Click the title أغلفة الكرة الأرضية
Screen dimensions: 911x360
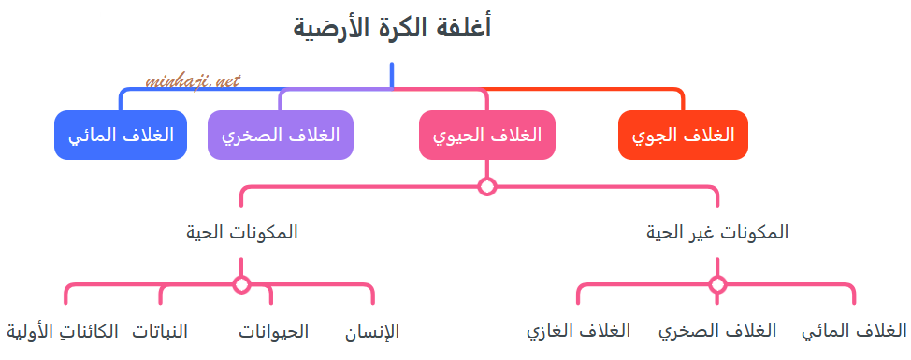tap(392, 27)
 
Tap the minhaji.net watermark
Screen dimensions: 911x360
tap(194, 81)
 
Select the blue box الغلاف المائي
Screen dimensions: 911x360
tap(121, 135)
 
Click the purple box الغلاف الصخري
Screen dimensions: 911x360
tap(281, 135)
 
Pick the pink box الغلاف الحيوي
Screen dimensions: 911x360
tap(486, 135)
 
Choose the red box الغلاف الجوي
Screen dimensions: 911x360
tap(684, 135)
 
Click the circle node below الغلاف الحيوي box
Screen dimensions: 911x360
tap(486, 186)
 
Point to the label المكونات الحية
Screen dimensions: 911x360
tap(242, 232)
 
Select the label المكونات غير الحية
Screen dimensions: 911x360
tap(717, 232)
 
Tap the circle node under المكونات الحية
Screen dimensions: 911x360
tap(242, 284)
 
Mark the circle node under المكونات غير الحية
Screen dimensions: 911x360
tap(717, 284)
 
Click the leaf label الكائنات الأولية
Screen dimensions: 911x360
tap(63, 331)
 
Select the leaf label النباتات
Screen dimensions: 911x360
tap(160, 331)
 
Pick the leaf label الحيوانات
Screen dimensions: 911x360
tap(273, 331)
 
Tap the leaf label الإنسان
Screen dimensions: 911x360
tap(372, 331)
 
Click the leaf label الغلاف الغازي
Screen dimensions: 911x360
tap(578, 331)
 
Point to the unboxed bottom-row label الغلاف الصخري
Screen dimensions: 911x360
tap(717, 331)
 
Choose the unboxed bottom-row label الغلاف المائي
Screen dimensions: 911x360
tap(854, 331)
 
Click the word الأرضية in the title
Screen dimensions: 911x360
tap(329, 28)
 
